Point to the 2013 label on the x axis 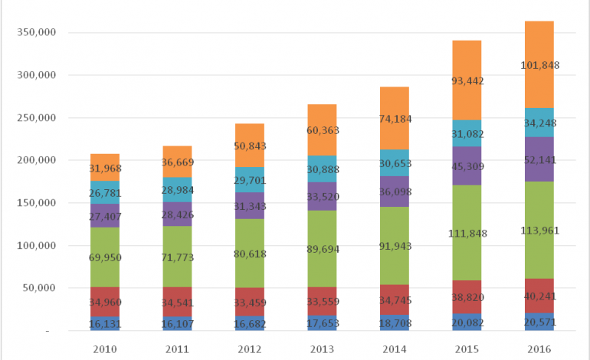pyautogui.click(x=321, y=349)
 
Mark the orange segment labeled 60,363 pyautogui.click(x=321, y=129)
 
